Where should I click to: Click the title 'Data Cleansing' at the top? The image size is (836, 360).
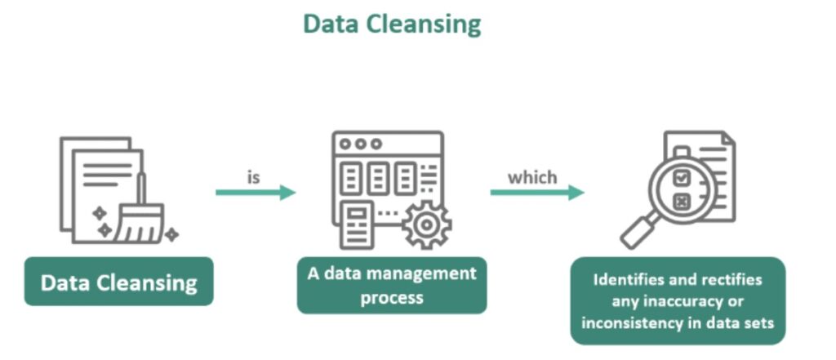392,24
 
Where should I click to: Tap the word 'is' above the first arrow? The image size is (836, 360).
254,176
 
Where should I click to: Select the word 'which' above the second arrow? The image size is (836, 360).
532,176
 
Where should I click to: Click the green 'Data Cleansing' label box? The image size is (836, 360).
119,282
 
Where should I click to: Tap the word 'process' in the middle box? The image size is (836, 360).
392,297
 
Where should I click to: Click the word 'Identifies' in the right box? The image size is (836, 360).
630,280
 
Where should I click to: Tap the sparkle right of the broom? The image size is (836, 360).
171,235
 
